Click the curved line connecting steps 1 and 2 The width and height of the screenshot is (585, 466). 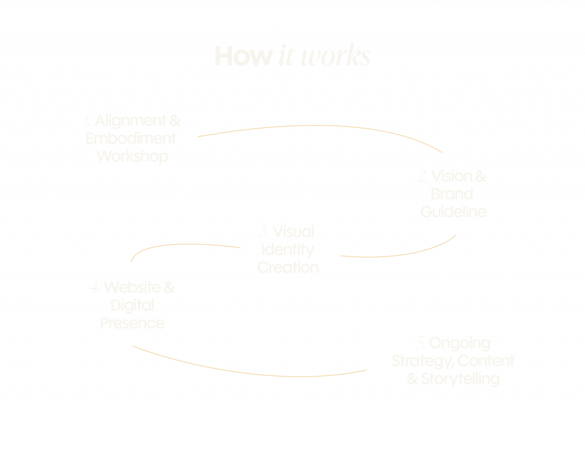point(320,126)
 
